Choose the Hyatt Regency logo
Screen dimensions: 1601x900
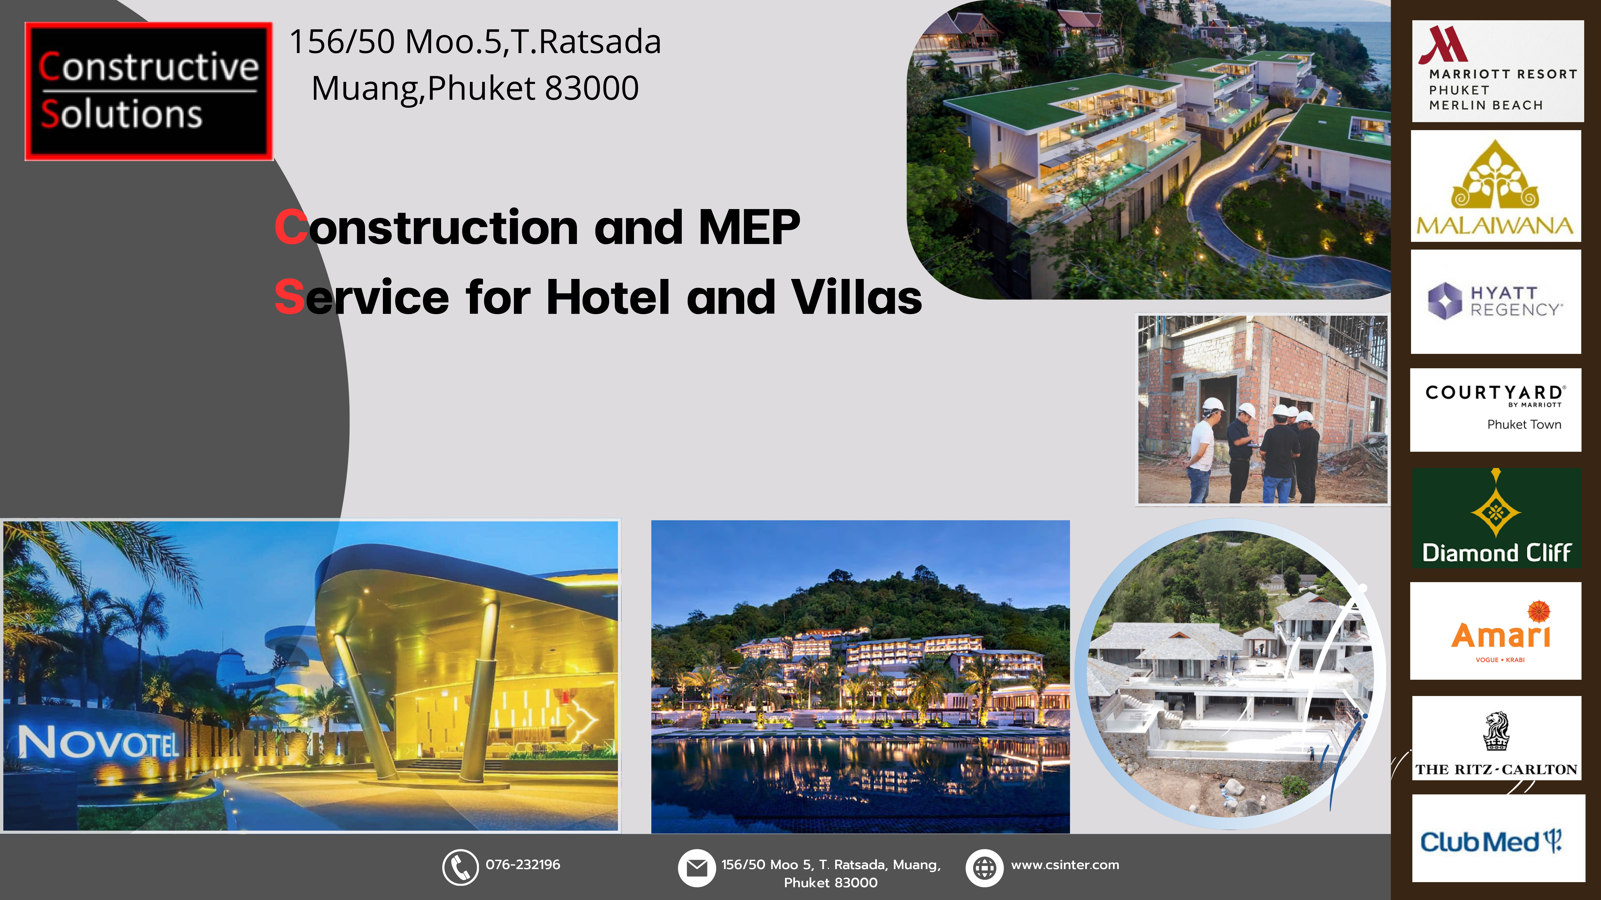pyautogui.click(x=1495, y=302)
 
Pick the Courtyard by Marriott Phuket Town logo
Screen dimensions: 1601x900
pyautogui.click(x=1495, y=410)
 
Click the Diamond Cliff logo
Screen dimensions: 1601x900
pyautogui.click(x=1497, y=518)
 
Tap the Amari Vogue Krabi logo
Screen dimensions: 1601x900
pyautogui.click(x=1495, y=631)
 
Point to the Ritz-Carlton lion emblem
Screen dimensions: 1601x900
pyautogui.click(x=1496, y=732)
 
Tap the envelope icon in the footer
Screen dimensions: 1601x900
pyautogui.click(x=697, y=868)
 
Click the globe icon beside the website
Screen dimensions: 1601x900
pyautogui.click(x=984, y=868)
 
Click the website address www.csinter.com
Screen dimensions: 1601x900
pyautogui.click(x=1065, y=865)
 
